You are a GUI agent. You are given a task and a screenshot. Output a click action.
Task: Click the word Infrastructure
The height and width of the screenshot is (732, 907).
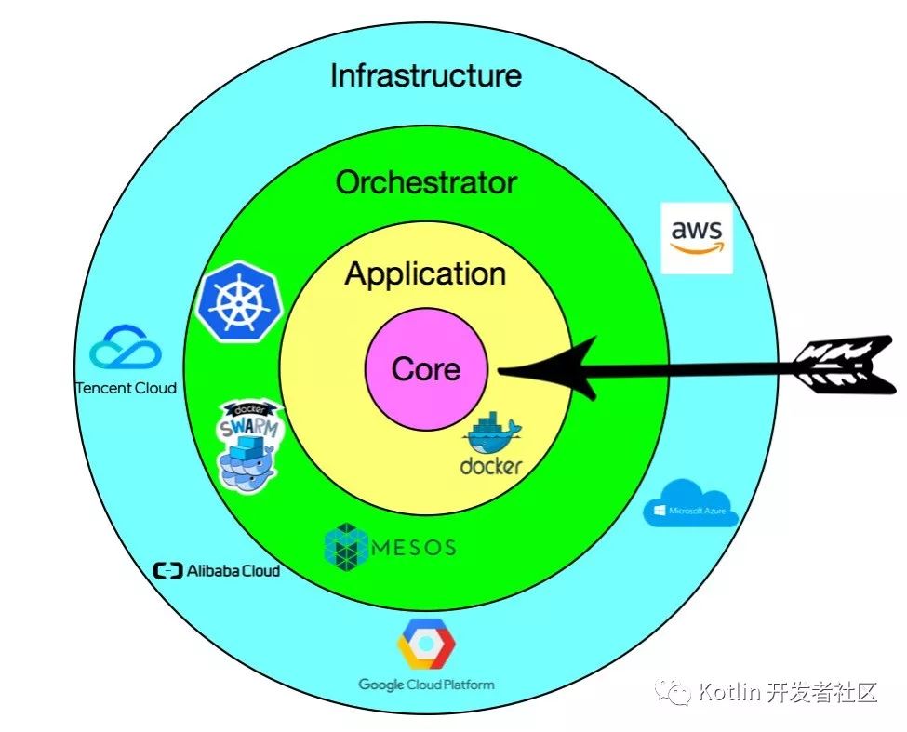pyautogui.click(x=426, y=75)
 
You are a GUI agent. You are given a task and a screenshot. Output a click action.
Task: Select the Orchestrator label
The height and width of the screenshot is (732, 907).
pyautogui.click(x=426, y=182)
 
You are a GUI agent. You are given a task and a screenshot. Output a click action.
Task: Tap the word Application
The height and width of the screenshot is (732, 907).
pyautogui.click(x=426, y=274)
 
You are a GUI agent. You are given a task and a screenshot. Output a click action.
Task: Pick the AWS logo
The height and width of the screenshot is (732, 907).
pyautogui.click(x=696, y=237)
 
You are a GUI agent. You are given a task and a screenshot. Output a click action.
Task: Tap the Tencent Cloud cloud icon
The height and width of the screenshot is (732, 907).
pyautogui.click(x=126, y=348)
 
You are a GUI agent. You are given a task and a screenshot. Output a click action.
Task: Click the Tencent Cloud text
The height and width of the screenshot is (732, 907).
pyautogui.click(x=126, y=388)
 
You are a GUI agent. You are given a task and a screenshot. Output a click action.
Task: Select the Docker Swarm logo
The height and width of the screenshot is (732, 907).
pyautogui.click(x=248, y=445)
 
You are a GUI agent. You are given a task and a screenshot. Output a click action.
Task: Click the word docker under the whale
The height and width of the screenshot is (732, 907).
pyautogui.click(x=491, y=465)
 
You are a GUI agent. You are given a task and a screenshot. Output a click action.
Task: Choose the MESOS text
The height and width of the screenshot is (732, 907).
pyautogui.click(x=413, y=547)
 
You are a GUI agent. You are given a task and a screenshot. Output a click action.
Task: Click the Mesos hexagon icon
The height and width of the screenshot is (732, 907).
pyautogui.click(x=346, y=545)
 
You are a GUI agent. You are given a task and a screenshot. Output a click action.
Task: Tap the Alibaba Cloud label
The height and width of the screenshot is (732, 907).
pyautogui.click(x=217, y=570)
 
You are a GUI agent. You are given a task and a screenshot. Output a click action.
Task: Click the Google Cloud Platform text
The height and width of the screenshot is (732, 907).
pyautogui.click(x=426, y=685)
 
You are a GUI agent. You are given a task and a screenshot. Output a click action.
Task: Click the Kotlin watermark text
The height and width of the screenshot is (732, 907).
pyautogui.click(x=787, y=692)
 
